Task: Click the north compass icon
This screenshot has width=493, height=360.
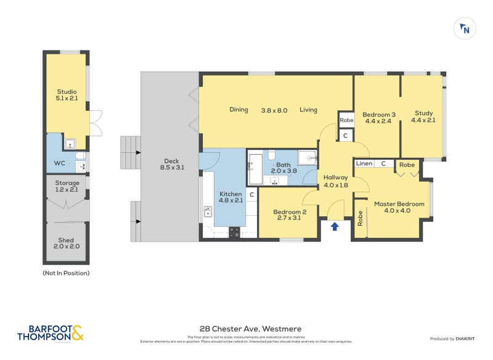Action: coord(465,29)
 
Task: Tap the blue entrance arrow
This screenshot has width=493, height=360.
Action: coord(335,226)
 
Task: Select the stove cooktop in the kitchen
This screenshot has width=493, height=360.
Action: coord(235,232)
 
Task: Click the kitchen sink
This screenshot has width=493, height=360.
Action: coord(208,213)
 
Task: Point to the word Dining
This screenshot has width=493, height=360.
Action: coord(238,110)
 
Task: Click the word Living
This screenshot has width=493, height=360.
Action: coord(308,110)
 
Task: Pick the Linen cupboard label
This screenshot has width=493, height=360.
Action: coord(364,163)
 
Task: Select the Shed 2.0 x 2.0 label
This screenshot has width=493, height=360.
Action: coord(67,243)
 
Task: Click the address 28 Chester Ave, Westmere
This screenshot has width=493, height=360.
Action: coord(250,329)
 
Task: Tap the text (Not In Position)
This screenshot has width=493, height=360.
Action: coord(66,272)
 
